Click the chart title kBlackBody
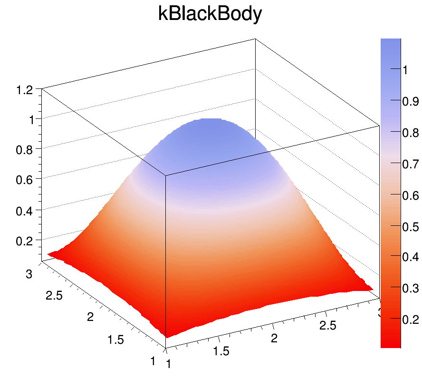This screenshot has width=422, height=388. click(x=210, y=15)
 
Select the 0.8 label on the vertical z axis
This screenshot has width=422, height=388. click(x=26, y=150)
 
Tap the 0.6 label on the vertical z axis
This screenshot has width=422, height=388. click(x=26, y=181)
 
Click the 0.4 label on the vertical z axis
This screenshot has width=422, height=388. click(x=26, y=211)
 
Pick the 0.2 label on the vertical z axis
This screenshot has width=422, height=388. click(x=26, y=242)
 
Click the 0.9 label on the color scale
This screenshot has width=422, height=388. click(x=410, y=101)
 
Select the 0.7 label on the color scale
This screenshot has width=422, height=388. click(x=410, y=164)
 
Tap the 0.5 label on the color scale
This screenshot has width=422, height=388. click(x=410, y=227)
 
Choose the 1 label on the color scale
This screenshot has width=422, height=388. click(x=405, y=70)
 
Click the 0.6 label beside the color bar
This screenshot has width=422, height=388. click(x=410, y=195)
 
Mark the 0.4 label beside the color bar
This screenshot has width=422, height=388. click(x=410, y=257)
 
